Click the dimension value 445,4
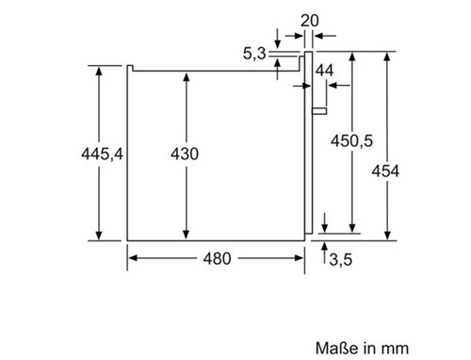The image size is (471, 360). tap(102, 154)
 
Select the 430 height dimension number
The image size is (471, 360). tap(185, 154)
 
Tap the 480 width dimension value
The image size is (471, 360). tap(218, 258)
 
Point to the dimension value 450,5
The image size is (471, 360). tap(351, 140)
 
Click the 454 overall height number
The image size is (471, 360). tap(385, 172)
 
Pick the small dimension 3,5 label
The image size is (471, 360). tap(341, 260)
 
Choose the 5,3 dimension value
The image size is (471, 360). tap(254, 54)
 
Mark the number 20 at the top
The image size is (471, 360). tap(310, 21)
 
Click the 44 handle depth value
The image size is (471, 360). tap(324, 71)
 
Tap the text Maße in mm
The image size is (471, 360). tap(362, 348)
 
